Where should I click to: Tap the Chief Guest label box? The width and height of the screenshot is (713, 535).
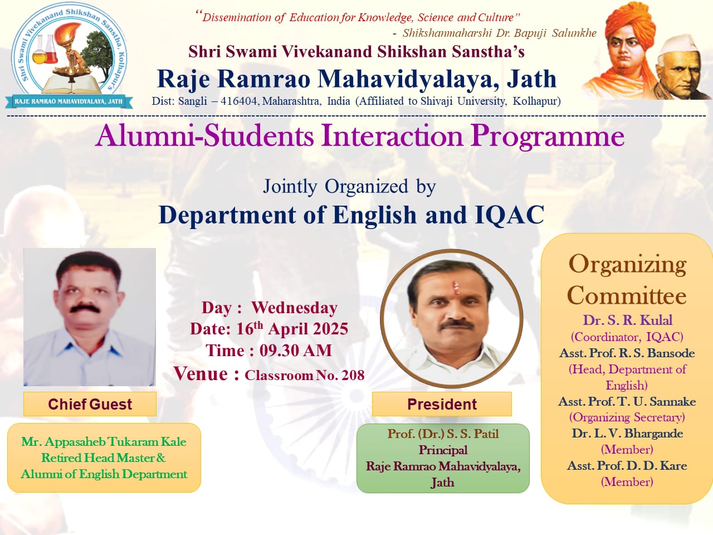coord(90,404)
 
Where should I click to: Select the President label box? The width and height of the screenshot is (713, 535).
coord(442,404)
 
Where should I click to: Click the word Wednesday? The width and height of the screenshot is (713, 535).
coord(294,308)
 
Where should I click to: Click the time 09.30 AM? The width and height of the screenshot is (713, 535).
coord(296,351)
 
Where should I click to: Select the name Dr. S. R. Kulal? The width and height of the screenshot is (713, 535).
coord(627,320)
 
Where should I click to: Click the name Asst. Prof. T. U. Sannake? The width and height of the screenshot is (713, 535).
coord(627,402)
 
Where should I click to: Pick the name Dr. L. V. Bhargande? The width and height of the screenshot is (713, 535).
coord(627,434)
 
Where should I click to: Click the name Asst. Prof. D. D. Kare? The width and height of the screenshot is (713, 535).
coord(627,466)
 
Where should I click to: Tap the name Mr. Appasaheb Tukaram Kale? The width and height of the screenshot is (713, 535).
coord(104,442)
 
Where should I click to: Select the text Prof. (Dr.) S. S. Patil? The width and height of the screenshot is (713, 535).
coord(443,434)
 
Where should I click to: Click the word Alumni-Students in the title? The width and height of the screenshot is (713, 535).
coord(204,136)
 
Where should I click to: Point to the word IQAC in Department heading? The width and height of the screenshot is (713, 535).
coord(509,215)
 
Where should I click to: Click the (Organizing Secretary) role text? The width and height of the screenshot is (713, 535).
coord(627,417)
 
